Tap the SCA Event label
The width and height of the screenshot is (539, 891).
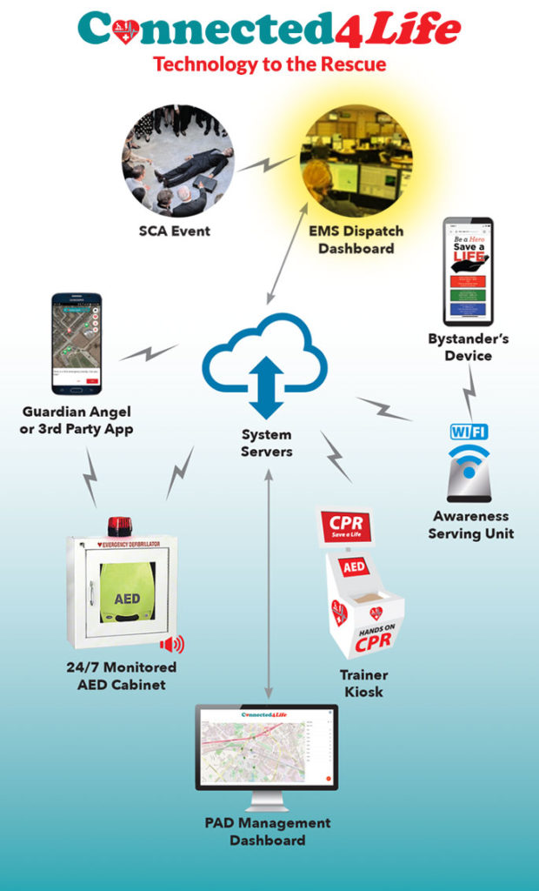click(x=174, y=231)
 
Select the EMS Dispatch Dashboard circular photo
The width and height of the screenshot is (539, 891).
click(x=356, y=160)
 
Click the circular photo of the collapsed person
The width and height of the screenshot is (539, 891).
click(x=177, y=160)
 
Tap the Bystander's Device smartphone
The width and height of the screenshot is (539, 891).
click(x=468, y=271)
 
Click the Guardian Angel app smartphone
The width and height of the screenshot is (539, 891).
click(x=77, y=343)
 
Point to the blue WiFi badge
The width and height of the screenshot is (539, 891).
click(x=469, y=432)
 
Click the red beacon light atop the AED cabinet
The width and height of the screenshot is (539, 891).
click(x=118, y=526)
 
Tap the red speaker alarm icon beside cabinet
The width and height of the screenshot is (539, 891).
click(x=171, y=645)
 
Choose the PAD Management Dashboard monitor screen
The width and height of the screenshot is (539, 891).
click(x=266, y=746)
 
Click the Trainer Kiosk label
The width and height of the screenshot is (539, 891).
click(x=364, y=683)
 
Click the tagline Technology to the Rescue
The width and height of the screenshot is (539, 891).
click(x=269, y=64)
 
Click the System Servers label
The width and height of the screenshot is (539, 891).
click(x=267, y=442)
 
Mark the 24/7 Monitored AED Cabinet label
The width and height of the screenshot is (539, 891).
click(x=121, y=675)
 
